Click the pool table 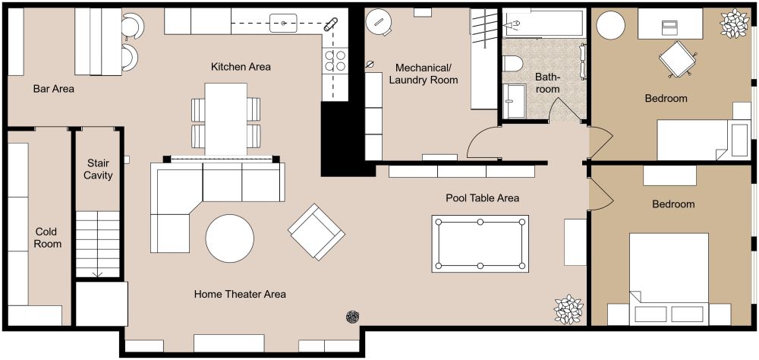(480, 243)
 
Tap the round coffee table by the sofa (230, 238)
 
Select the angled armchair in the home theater (316, 231)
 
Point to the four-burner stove (335, 61)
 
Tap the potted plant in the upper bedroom (734, 24)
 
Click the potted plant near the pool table (568, 309)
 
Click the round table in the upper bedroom (611, 25)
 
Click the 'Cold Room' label (46, 238)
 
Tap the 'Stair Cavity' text (99, 169)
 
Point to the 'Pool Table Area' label (482, 198)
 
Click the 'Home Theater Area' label (240, 294)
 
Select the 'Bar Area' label (54, 89)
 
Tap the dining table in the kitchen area (226, 118)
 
